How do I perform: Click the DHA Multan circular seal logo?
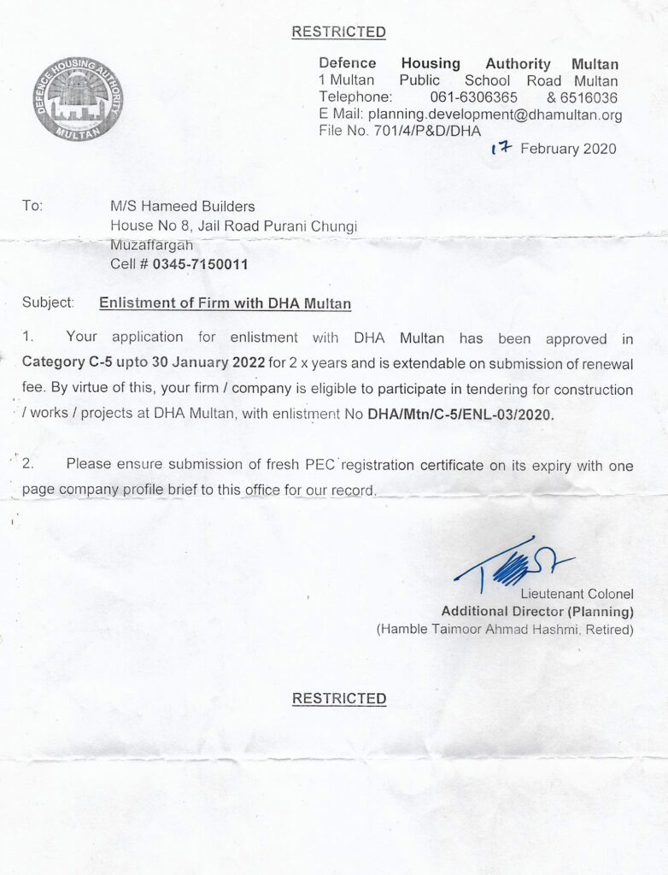(x=78, y=99)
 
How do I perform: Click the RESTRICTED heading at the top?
(x=338, y=32)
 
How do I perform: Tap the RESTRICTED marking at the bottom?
(x=339, y=698)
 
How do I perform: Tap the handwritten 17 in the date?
(x=501, y=148)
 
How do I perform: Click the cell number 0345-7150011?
(x=201, y=264)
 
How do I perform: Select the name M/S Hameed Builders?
(x=183, y=206)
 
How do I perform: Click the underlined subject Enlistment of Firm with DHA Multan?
(x=226, y=302)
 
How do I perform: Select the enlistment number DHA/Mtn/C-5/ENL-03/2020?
(x=461, y=415)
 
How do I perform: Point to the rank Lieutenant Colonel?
(x=577, y=594)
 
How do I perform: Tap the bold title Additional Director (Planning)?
(x=536, y=612)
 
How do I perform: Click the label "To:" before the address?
(x=32, y=206)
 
